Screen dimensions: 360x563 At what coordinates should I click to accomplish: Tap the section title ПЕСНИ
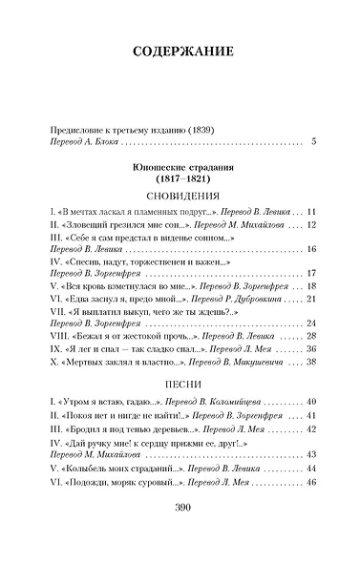[x=180, y=387]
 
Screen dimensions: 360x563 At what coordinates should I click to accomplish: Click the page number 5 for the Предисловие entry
[x=312, y=143]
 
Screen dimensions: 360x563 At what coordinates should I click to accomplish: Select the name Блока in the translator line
[x=106, y=143]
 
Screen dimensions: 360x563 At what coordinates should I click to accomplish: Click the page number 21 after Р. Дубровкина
[x=309, y=299]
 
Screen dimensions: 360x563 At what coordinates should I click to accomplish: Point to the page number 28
[x=309, y=336]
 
